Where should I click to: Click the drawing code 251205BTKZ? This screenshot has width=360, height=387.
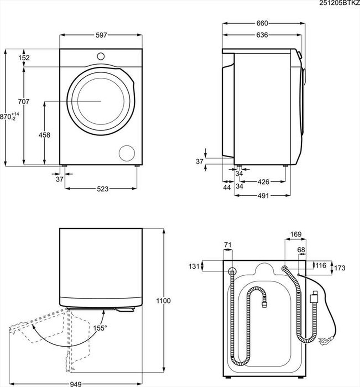click(339, 3)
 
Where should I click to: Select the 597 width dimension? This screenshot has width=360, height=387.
click(102, 35)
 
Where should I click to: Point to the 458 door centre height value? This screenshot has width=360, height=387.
click(44, 135)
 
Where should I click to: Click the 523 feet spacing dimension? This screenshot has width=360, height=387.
click(103, 188)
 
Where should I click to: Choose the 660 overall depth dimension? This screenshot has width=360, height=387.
click(262, 23)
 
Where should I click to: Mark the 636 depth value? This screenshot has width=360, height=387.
click(262, 35)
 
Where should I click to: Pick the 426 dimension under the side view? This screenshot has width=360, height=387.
click(263, 182)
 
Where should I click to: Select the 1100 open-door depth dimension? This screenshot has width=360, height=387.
click(164, 300)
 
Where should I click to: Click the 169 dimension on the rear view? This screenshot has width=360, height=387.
click(296, 235)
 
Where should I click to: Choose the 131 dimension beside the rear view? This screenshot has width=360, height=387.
click(194, 266)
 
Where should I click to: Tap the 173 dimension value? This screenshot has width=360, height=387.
click(339, 268)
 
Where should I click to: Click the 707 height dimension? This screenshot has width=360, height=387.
click(24, 102)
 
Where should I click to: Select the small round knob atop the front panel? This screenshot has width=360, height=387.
click(101, 56)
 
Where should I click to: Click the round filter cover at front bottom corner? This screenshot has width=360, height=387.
click(126, 153)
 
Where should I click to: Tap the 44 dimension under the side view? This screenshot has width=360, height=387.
click(226, 187)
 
